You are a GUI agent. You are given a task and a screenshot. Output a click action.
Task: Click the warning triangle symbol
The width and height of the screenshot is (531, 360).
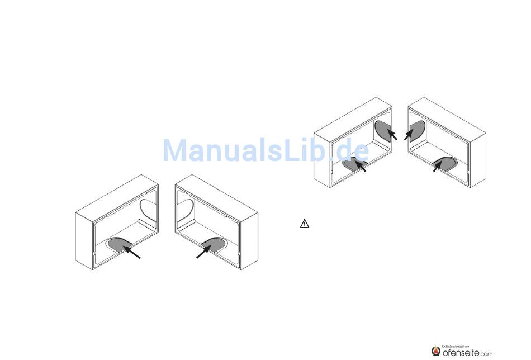point(304,224)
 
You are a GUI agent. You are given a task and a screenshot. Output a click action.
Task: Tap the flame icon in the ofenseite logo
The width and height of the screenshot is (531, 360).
point(436,351)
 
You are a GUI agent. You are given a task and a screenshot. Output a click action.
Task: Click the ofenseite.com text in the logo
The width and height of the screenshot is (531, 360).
point(467,353)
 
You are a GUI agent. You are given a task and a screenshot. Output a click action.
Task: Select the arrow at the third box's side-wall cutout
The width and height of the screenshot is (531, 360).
point(392,135)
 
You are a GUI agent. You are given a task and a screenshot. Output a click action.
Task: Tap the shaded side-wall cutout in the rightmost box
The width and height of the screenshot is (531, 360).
point(417,129)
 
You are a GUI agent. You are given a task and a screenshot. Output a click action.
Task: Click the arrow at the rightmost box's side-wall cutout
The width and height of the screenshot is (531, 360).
point(409,135)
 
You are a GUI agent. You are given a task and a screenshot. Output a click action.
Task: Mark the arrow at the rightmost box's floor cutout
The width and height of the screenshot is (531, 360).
point(438,167)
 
